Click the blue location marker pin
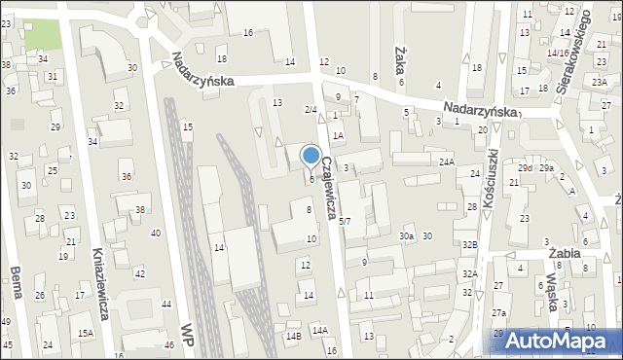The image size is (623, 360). (x=311, y=156)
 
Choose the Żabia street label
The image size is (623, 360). (x=565, y=252)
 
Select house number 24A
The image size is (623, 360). (x=447, y=162)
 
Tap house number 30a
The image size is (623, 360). (x=407, y=236)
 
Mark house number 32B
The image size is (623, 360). (x=470, y=245)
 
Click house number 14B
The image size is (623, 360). (x=293, y=337)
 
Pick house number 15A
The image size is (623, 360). (x=86, y=334)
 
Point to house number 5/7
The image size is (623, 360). (x=345, y=222)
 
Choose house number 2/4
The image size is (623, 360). (x=311, y=109)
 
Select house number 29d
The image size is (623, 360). (x=525, y=168)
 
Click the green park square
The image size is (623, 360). (x=42, y=33)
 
